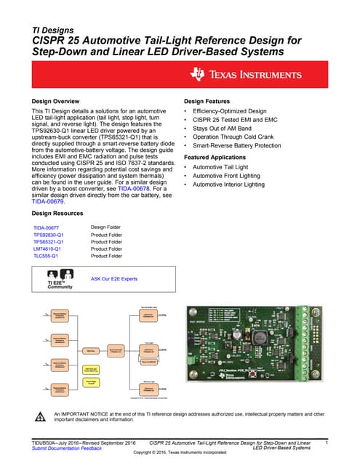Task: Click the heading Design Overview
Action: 55,101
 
